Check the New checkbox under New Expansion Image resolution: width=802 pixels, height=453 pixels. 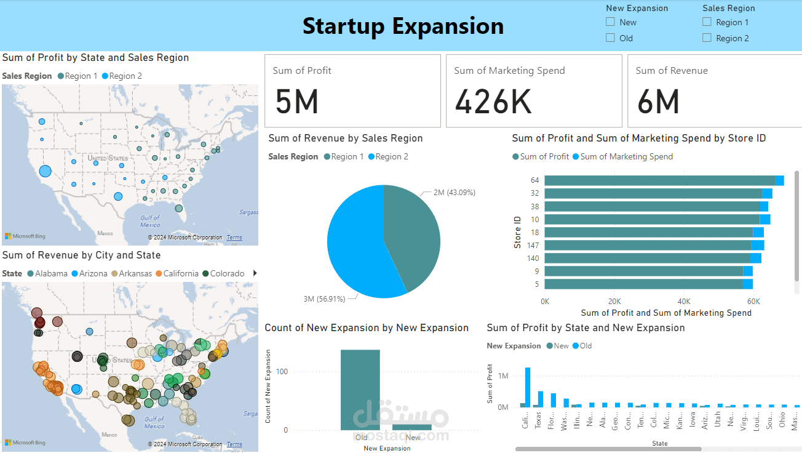[x=611, y=22]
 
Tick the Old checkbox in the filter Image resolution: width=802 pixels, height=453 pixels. [x=611, y=38]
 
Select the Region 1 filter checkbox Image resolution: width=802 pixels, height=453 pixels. [x=707, y=22]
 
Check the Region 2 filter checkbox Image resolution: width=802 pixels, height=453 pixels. [x=707, y=38]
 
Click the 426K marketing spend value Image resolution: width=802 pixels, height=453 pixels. [x=493, y=101]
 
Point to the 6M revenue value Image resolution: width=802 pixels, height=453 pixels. [x=658, y=101]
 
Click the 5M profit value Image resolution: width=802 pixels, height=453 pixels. [x=297, y=101]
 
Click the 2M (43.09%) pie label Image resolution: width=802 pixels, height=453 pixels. [x=454, y=193]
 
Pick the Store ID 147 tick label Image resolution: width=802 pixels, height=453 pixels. [x=532, y=245]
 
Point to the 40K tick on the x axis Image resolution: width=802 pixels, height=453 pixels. [x=684, y=302]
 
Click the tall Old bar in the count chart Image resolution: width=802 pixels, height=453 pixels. [x=360, y=390]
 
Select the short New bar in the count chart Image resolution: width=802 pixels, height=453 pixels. [x=412, y=427]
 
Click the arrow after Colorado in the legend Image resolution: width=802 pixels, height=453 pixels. [x=255, y=273]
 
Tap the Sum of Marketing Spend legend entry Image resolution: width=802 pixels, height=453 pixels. [x=626, y=156]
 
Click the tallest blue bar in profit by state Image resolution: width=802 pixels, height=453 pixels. [x=528, y=387]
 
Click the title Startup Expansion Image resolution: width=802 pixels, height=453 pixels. [x=403, y=26]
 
